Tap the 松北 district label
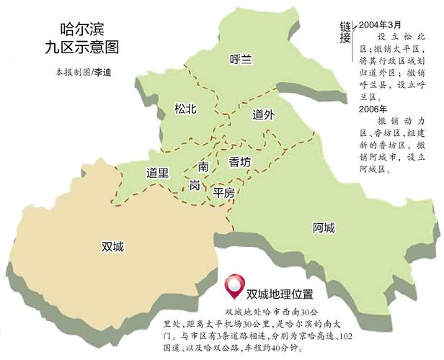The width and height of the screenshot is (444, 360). point(186,109)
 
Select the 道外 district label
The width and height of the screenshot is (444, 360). point(263,114)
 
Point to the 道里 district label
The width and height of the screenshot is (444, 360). point(157,173)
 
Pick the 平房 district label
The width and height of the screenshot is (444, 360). point(224,192)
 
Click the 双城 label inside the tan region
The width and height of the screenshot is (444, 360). point(113,246)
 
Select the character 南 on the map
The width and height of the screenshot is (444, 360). point(204,166)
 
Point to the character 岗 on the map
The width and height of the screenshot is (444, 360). point(195,186)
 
